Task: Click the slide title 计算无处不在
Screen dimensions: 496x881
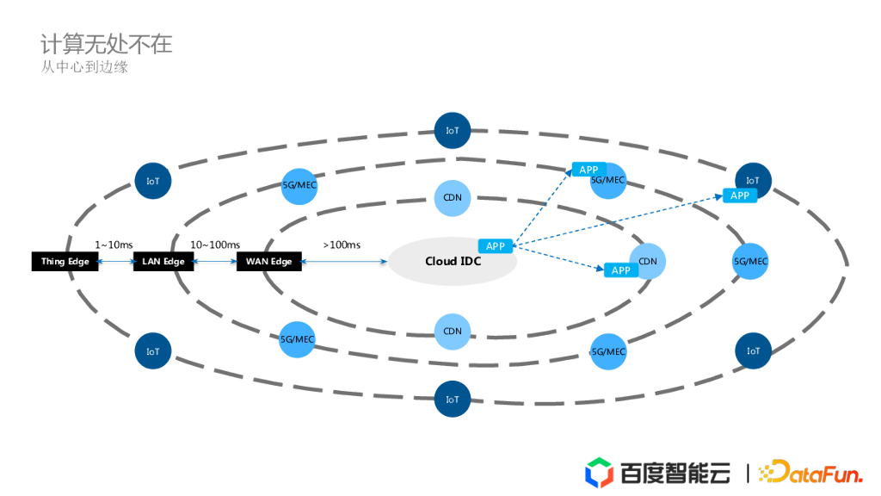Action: pos(107,44)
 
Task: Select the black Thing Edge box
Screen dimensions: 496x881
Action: pos(65,262)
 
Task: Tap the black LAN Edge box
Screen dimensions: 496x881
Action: pos(163,262)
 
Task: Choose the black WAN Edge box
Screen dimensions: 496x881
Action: pos(269,262)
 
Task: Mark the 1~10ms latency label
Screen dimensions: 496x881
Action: pos(114,245)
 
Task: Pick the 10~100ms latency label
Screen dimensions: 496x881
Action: pos(215,245)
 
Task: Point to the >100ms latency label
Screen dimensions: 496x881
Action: pos(342,245)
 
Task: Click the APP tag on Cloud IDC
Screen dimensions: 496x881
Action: pos(496,246)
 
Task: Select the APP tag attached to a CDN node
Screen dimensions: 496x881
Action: pos(621,270)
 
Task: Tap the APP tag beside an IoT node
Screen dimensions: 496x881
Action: pos(740,195)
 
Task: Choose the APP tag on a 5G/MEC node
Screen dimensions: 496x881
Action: pos(588,170)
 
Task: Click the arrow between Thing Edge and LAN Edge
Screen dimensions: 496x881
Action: pos(116,262)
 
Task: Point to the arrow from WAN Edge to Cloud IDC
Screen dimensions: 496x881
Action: pos(344,262)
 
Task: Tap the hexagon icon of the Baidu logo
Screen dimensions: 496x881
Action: pos(599,473)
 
